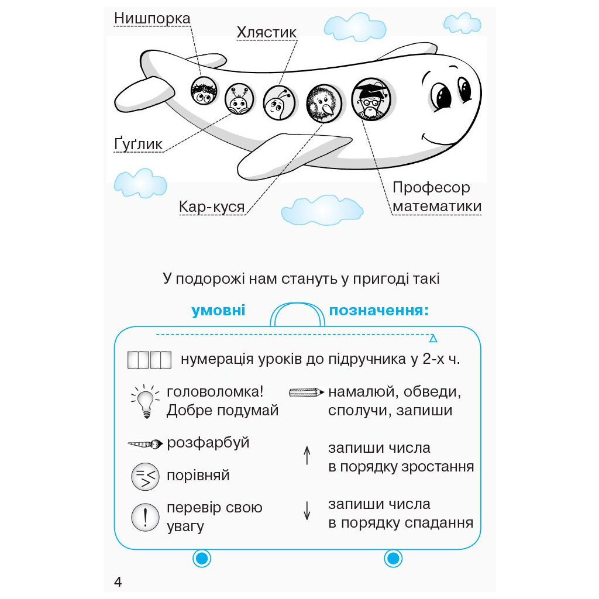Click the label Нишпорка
coord(152,19)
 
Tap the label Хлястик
coord(267,33)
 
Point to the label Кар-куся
coord(212,207)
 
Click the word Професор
coord(431,188)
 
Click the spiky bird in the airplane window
coord(323,103)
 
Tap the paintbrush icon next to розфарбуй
coord(144,444)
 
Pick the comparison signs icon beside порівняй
coord(145,476)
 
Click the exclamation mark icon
coord(145,517)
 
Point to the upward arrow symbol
coord(307,455)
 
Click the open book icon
coord(149,359)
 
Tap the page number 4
coord(118,582)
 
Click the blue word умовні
coord(218,311)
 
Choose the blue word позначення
coord(378,311)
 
